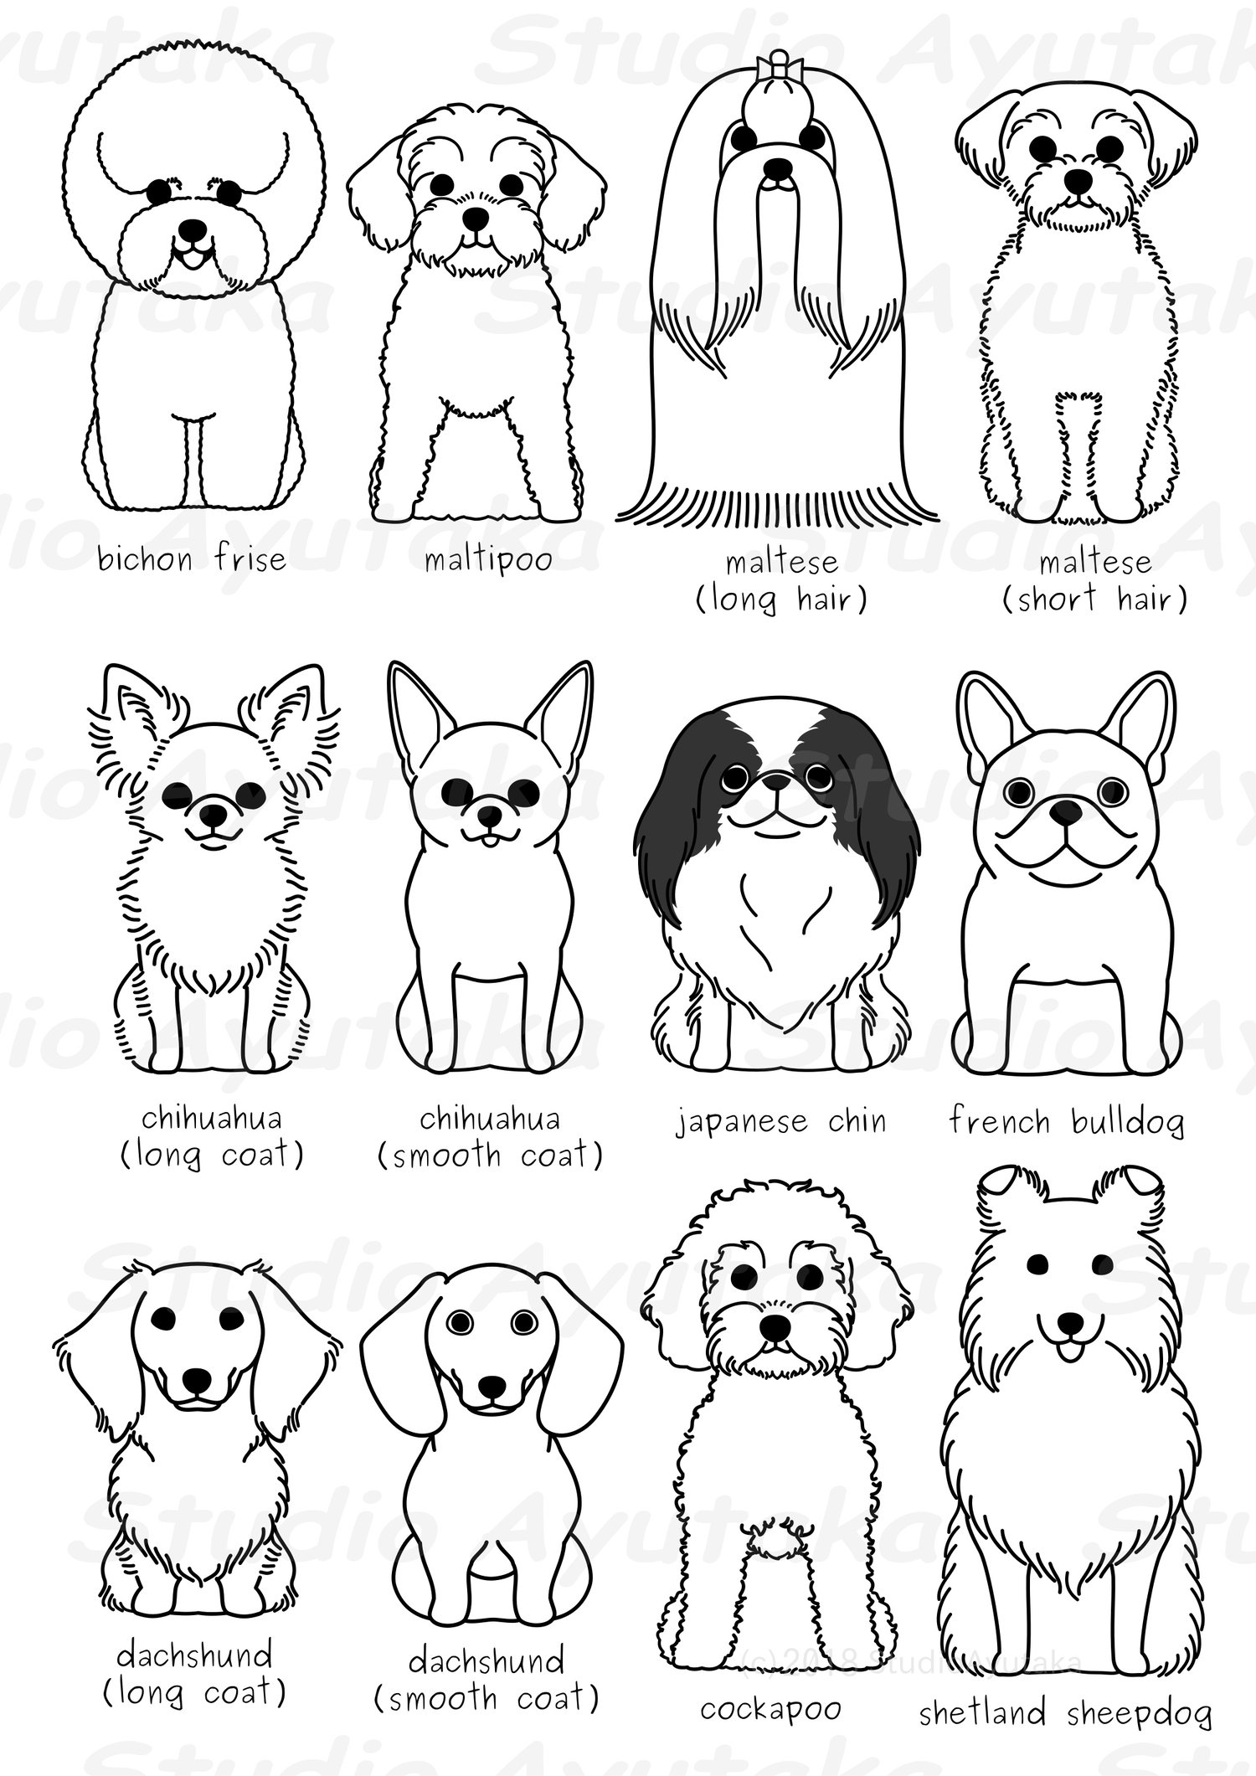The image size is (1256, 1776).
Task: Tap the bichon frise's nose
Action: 193,229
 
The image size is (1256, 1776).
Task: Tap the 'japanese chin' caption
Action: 780,1120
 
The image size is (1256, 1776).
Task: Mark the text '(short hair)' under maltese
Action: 1094,599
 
